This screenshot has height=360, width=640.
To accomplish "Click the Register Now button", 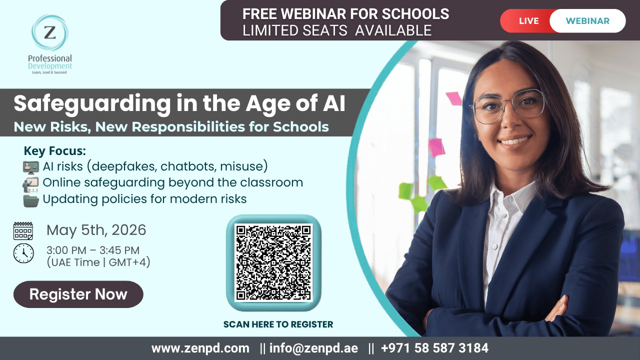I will tap(78, 294).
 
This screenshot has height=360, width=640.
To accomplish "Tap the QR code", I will tap(273, 263).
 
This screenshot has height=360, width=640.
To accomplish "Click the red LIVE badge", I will tap(528, 21).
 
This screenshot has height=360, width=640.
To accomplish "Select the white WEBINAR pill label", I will tap(587, 21).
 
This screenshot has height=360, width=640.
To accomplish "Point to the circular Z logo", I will tap(50, 32).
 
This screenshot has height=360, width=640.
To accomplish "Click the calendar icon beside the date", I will tap(23, 231).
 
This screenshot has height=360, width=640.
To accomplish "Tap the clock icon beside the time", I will tap(23, 253).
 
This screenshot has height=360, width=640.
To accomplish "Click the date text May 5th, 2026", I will tap(96, 230).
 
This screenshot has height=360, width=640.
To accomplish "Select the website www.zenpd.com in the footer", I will tap(200, 348).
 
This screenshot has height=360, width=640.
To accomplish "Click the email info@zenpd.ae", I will tap(313, 348).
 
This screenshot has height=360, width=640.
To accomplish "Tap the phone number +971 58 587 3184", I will tap(434, 348).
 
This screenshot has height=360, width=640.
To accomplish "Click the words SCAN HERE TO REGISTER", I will tap(278, 324).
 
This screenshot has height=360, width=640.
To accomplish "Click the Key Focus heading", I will tap(54, 151).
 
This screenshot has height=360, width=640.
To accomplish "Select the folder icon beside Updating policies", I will tap(31, 200).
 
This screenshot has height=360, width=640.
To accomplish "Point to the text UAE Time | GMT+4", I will tap(98, 262).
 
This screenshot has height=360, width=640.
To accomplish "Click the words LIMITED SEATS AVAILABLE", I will tap(336, 30).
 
